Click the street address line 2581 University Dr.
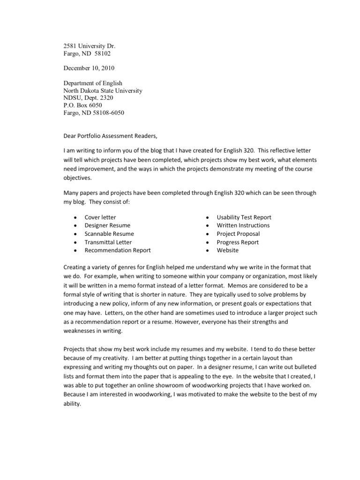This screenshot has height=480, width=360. point(89,46)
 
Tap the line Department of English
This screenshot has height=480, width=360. point(93,83)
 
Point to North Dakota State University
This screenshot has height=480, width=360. point(103,90)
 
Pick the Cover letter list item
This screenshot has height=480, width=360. point(100,217)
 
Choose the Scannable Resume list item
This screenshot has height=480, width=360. point(109,234)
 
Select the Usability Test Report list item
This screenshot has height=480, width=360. point(244,217)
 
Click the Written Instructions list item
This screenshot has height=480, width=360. point(243,225)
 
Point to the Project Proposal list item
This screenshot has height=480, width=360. point(238,234)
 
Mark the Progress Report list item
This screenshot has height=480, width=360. point(238,242)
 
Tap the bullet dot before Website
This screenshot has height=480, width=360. point(208,251)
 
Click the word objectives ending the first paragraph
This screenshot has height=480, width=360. point(78,179)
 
